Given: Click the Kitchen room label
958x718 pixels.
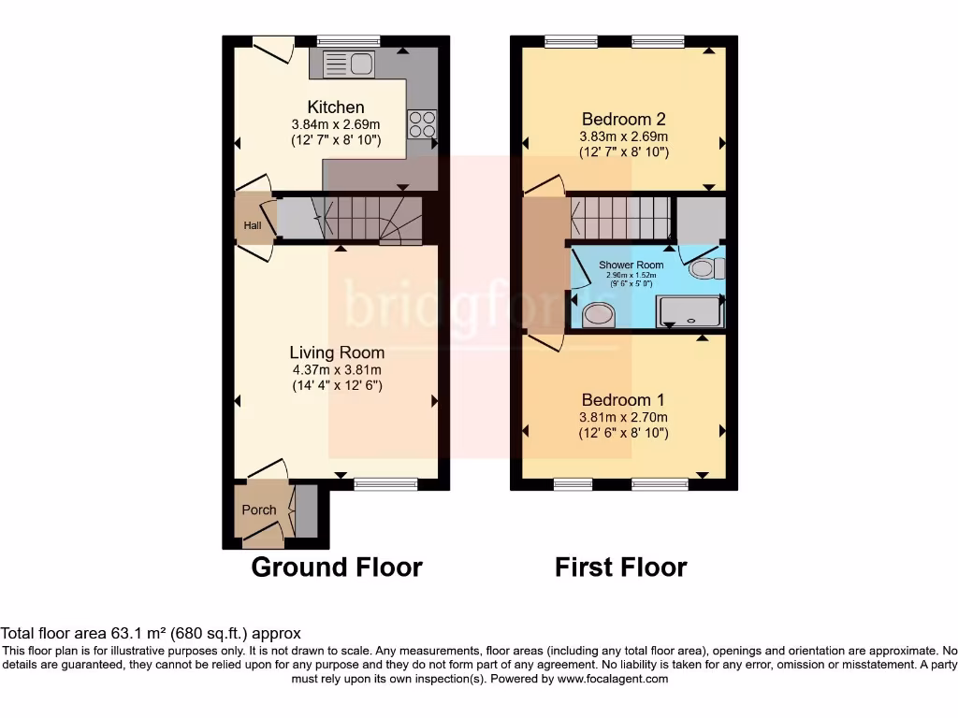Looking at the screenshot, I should pos(336,108).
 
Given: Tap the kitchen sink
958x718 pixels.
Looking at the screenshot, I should pos(347,64).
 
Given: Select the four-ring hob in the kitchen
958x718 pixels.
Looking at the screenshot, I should pos(421,124).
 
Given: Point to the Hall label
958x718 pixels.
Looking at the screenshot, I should pos(253,225).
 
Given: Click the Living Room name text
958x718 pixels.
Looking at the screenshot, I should pos(337,352).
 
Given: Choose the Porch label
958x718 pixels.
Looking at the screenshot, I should pos(259,510).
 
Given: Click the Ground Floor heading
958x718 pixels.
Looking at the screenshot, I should pos(337,567).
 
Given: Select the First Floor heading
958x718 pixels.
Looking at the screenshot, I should pos(621,567).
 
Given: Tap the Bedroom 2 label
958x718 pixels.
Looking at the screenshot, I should pos(623,119).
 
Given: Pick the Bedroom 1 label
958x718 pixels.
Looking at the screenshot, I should pos(623,400).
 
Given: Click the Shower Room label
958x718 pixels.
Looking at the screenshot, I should pos(631,266).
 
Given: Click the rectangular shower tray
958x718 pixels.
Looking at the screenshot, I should pos(691,311).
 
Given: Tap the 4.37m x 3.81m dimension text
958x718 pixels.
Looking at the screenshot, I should pos(337,369).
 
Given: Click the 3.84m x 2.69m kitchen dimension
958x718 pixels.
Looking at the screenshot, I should pos(336,124).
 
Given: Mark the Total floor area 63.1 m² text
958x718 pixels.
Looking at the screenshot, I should pos(151,633).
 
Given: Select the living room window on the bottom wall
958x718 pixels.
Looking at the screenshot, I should pos(386,483).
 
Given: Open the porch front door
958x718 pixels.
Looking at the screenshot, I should pos(265,535).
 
